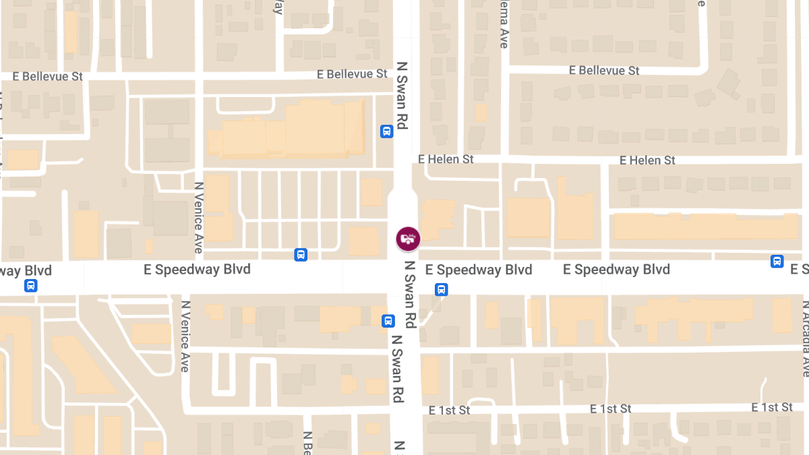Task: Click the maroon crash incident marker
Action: (408, 239)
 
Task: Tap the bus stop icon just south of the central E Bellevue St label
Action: (386, 131)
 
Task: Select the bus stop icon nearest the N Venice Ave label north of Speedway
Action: (301, 255)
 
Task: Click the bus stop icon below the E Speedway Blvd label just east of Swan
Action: (441, 290)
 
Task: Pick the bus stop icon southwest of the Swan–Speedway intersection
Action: (388, 321)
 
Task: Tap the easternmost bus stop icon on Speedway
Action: (777, 262)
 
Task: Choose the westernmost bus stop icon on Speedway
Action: (30, 285)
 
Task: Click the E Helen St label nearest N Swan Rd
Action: (446, 159)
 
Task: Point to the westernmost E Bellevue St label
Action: (53, 76)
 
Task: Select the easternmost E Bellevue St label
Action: (604, 70)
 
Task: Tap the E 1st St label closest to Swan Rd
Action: (449, 410)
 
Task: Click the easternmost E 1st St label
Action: (772, 407)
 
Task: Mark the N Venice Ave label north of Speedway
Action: (198, 218)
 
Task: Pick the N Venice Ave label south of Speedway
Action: (185, 335)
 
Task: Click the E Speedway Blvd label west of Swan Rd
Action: (197, 270)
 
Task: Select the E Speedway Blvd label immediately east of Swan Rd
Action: (479, 270)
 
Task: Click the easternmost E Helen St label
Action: (647, 160)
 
